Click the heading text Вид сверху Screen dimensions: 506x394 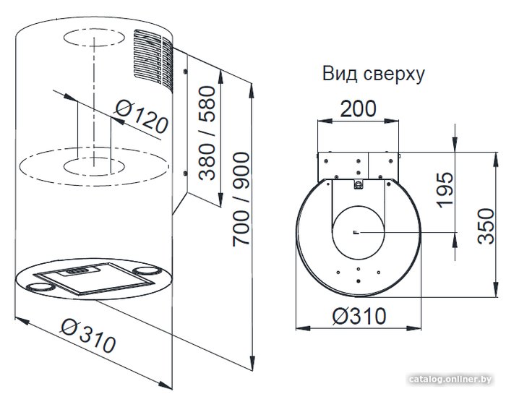374,74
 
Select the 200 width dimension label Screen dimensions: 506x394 359,108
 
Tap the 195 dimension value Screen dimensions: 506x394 445,190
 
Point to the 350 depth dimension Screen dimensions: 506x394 486,226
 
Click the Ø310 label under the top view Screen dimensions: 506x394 359,316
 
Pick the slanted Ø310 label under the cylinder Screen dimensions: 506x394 88,335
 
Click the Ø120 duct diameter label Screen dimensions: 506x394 142,117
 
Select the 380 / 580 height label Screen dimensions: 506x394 207,133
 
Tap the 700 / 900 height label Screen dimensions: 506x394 241,200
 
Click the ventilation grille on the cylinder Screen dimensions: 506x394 153,57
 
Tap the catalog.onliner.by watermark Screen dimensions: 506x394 450,379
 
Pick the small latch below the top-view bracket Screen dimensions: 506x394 359,184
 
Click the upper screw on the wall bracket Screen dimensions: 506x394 185,72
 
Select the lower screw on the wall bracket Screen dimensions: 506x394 185,174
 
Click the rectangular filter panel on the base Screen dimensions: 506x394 93,278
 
